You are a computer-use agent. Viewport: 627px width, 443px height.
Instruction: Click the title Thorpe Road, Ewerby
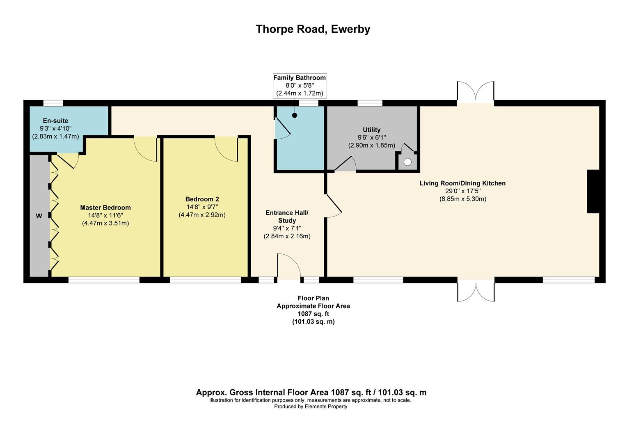pyautogui.click(x=313, y=29)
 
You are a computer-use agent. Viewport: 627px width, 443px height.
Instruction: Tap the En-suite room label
pyautogui.click(x=55, y=121)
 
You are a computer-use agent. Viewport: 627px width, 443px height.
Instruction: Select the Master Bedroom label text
pyautogui.click(x=105, y=208)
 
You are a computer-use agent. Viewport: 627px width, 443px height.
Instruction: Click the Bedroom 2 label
pyautogui.click(x=202, y=199)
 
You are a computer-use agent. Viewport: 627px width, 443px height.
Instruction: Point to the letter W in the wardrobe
pyautogui.click(x=39, y=216)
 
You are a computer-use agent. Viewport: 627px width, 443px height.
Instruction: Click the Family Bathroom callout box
pyautogui.click(x=300, y=85)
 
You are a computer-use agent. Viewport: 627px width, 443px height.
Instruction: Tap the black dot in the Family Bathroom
pyautogui.click(x=295, y=116)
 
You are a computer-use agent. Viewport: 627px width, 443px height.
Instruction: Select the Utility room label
pyautogui.click(x=371, y=130)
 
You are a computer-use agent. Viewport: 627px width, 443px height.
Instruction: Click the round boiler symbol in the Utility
pyautogui.click(x=407, y=162)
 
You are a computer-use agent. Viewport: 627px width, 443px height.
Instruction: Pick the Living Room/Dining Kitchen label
pyautogui.click(x=462, y=183)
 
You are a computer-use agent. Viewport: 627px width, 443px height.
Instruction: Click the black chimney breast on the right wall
pyautogui.click(x=593, y=192)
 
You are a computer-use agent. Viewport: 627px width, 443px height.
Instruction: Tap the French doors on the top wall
pyautogui.click(x=476, y=92)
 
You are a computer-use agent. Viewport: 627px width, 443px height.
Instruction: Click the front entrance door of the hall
pyautogui.click(x=289, y=267)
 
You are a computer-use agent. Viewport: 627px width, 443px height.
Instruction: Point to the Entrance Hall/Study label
pyautogui.click(x=286, y=217)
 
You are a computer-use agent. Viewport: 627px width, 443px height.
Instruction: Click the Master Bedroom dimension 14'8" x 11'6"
pyautogui.click(x=105, y=215)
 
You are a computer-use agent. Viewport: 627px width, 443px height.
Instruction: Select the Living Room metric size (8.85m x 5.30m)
pyautogui.click(x=462, y=199)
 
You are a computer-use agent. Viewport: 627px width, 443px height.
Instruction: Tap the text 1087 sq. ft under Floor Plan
pyautogui.click(x=313, y=314)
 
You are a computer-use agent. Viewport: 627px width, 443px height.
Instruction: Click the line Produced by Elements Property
pyautogui.click(x=311, y=406)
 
